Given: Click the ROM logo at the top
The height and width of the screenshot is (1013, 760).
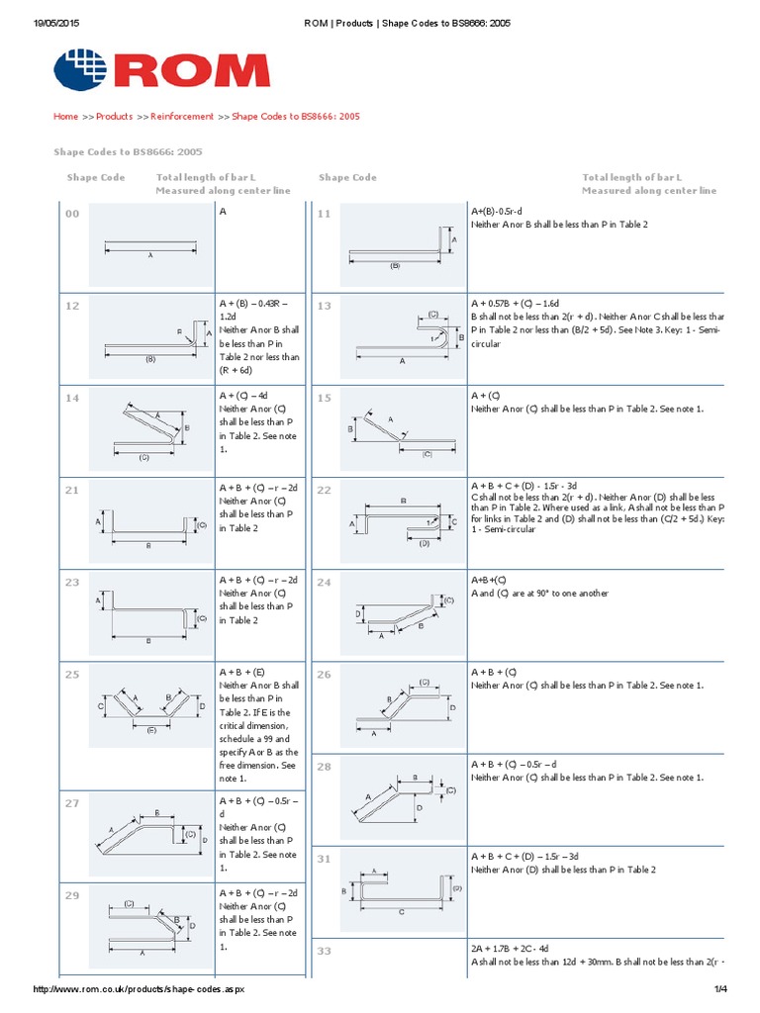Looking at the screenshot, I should [x=160, y=70].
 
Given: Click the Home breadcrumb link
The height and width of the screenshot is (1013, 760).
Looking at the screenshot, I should [x=65, y=117].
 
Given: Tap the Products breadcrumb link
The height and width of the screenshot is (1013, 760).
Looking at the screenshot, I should [x=114, y=117].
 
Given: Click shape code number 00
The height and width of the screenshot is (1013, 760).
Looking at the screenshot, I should [x=72, y=214].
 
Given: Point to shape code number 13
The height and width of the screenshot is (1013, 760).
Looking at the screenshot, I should [x=324, y=307].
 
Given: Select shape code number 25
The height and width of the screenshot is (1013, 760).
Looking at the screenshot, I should [x=72, y=675].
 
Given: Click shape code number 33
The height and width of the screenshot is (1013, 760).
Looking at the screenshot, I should [x=324, y=951].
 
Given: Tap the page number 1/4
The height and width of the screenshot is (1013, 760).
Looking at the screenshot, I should [x=719, y=990].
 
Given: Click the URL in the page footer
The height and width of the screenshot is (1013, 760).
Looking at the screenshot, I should [x=139, y=990].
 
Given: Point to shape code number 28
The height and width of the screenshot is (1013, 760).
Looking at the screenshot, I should [x=324, y=767].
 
